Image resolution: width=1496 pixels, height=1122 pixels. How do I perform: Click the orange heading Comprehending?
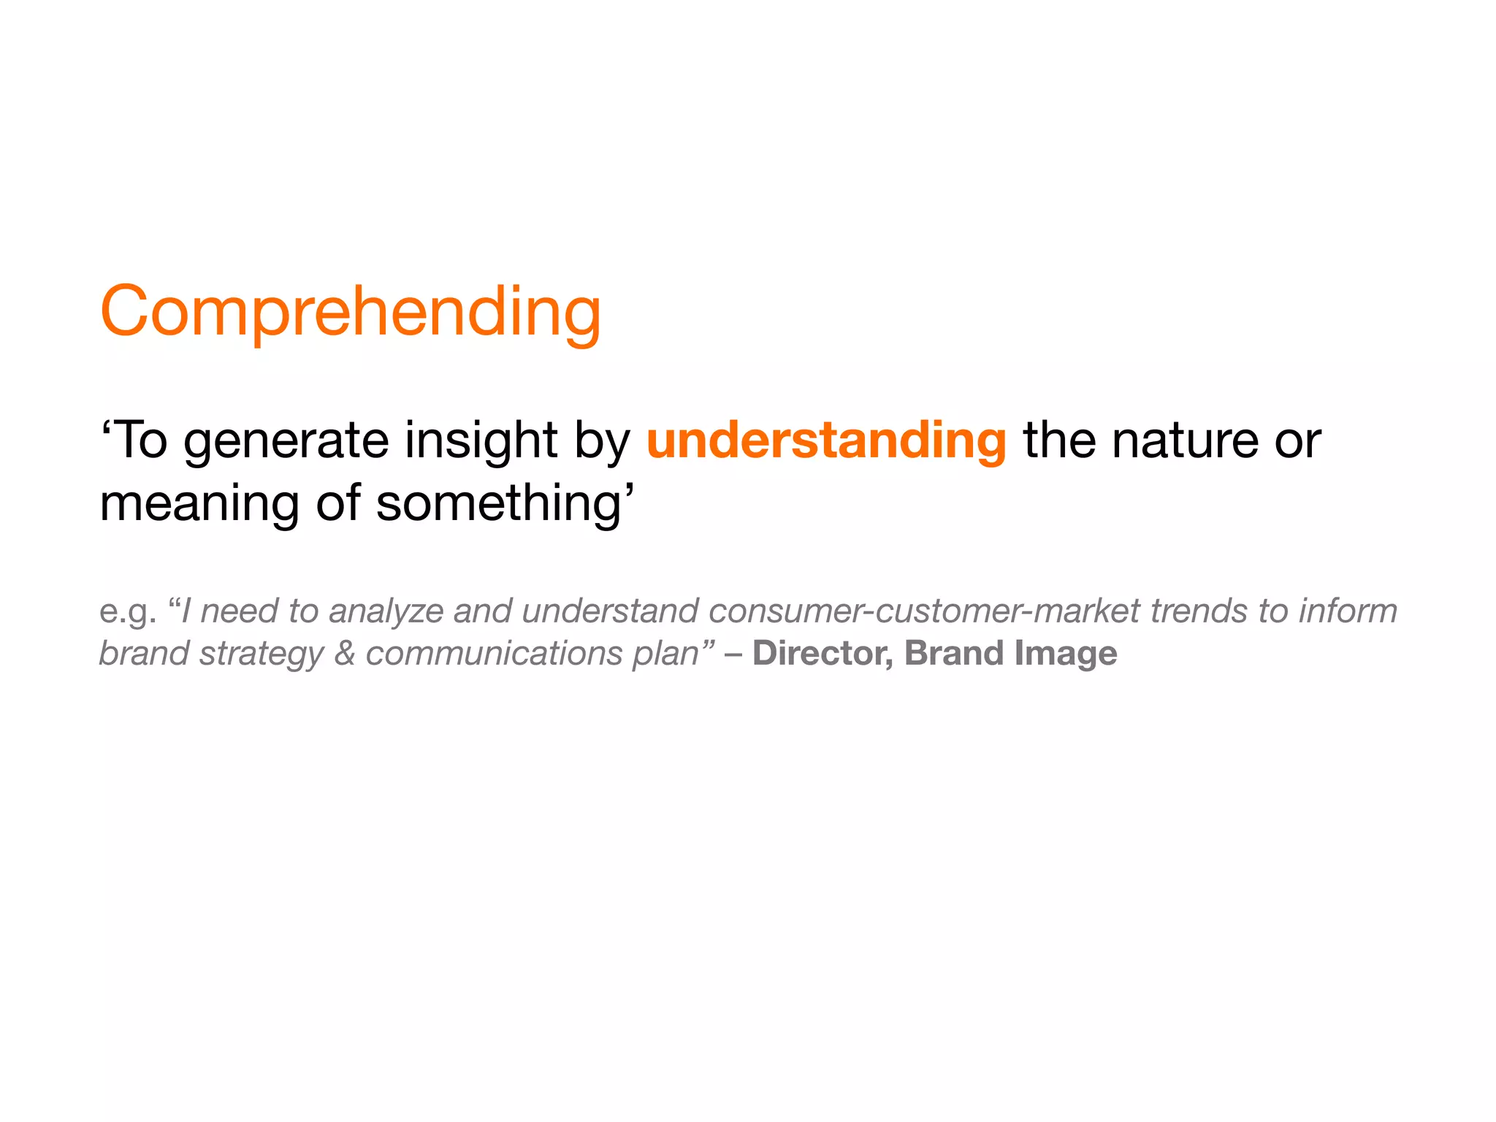point(351,312)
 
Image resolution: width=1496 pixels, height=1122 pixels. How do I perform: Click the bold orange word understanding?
point(826,440)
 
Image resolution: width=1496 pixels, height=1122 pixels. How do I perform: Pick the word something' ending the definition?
point(504,505)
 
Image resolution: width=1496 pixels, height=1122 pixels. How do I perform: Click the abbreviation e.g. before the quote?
point(128,612)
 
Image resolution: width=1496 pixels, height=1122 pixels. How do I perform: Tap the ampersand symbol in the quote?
point(344,653)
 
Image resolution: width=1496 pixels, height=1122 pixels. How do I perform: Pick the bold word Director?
point(823,653)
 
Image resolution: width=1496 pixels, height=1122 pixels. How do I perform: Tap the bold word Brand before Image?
point(953,653)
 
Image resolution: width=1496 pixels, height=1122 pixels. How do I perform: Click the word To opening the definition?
point(140,440)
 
